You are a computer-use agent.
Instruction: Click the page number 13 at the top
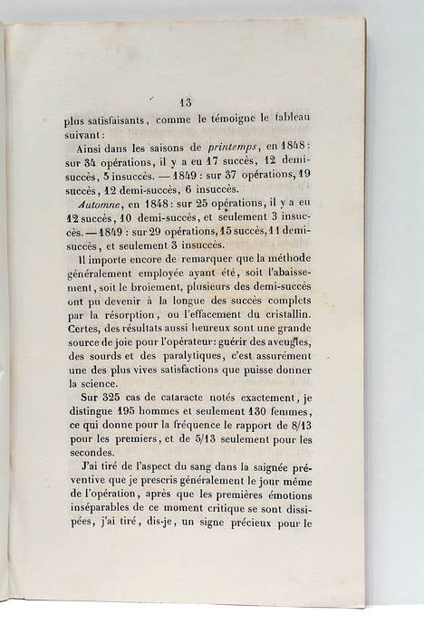click(187, 102)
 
